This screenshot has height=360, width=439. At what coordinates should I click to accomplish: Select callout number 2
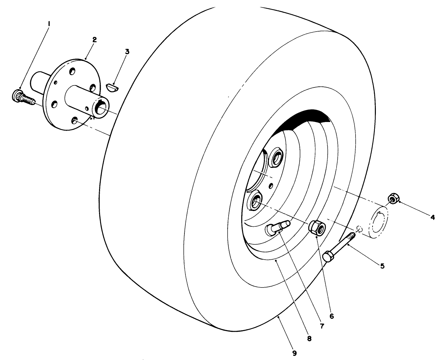coord(94,40)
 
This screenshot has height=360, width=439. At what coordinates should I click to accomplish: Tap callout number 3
coord(127,52)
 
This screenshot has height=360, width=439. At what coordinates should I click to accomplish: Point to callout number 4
coord(432,217)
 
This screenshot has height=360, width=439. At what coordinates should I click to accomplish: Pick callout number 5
coord(383,266)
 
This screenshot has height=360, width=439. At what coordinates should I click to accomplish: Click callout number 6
coord(331,316)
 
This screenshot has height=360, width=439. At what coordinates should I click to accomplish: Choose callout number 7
coord(321,326)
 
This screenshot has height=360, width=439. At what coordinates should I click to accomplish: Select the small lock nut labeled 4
coord(393,199)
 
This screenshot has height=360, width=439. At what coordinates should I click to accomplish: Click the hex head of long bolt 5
coord(328,257)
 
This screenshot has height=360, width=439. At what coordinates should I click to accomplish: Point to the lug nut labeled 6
coord(316,228)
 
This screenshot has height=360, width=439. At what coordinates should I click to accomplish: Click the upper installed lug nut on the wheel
coord(276,157)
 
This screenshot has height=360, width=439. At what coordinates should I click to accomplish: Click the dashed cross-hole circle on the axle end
coord(359,228)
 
